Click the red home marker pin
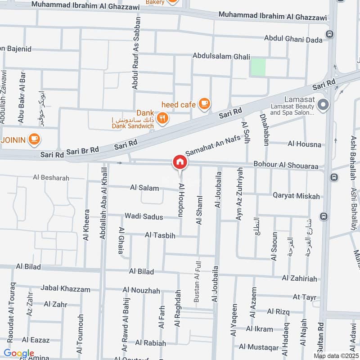(180, 162)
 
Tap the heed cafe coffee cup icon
(204, 104)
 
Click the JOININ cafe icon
(34, 139)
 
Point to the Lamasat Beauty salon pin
(323, 106)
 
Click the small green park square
(258, 67)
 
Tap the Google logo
(18, 353)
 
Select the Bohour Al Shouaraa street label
(286, 166)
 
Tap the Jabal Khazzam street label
(65, 288)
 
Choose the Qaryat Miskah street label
(296, 196)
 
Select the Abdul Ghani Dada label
(293, 40)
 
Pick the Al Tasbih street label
(160, 235)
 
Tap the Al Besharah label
(51, 178)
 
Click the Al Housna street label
(304, 144)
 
